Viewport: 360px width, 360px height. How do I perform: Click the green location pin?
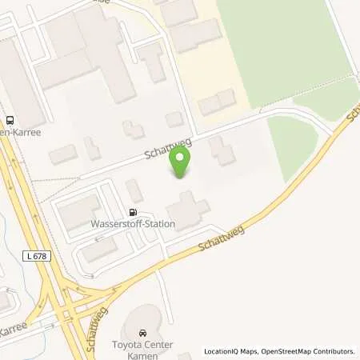pos(181,163)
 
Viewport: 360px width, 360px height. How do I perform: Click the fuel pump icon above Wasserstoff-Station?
pos(132,213)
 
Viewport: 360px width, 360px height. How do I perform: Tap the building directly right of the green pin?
pos(221,150)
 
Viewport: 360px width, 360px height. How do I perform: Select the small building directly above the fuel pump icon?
pos(134,190)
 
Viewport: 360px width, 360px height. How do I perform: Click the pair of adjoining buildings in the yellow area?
pos(217,102)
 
